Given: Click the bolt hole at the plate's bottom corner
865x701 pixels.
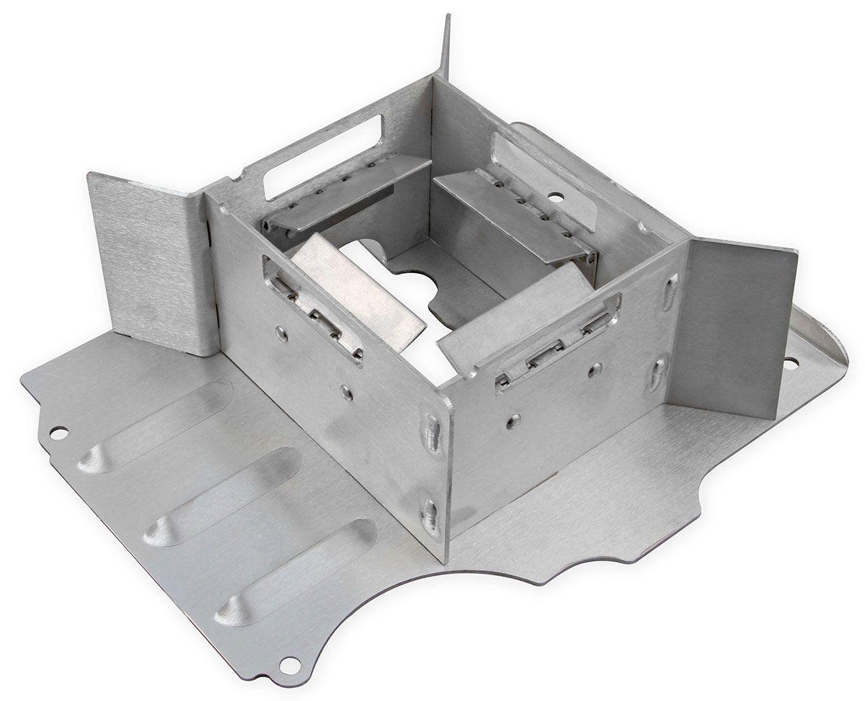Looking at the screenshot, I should coord(290,664).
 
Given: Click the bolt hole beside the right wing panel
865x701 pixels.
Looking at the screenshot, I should coord(791,362).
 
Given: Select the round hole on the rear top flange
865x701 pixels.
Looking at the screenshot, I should coord(555,195).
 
